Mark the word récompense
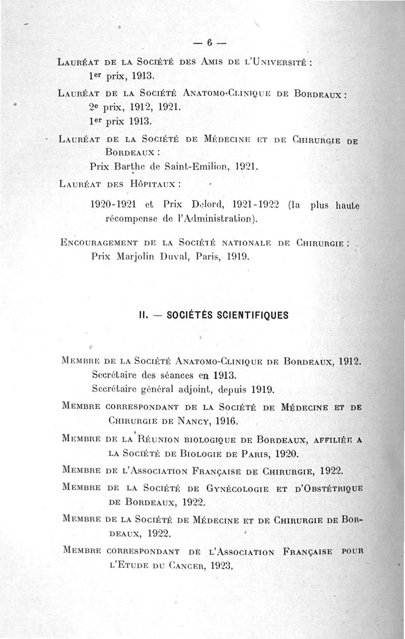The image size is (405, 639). pyautogui.click(x=130, y=220)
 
